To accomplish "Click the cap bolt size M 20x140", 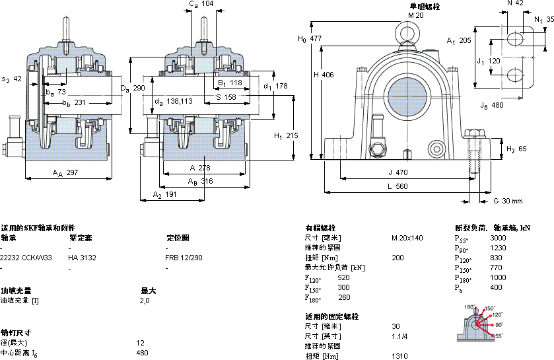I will (407, 238).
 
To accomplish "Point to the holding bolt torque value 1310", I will (399, 356).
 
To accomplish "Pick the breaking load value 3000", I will (498, 238).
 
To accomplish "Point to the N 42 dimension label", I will (516, 4).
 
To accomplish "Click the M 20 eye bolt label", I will (415, 15).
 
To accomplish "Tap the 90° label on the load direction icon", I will (499, 325).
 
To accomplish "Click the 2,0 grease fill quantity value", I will (145, 301).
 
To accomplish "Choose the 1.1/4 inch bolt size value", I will (400, 336).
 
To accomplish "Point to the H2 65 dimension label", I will (516, 149).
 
